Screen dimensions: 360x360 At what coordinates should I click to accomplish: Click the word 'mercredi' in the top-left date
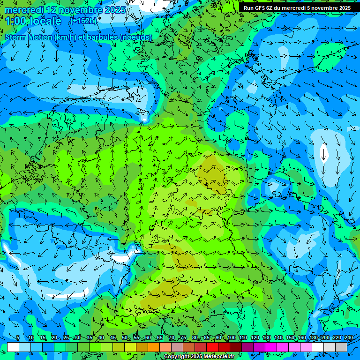coord(24,10)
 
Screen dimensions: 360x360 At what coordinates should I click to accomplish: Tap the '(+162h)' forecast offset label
coord(83,21)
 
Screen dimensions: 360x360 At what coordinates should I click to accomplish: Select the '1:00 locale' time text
coord(33,21)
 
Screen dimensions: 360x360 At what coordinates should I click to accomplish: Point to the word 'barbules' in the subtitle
coord(102,37)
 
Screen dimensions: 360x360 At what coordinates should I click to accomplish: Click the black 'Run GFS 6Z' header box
coord(297,8)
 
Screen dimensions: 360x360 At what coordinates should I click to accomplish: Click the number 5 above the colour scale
coord(17,338)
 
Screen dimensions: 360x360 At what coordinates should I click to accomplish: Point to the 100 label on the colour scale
coord(231,338)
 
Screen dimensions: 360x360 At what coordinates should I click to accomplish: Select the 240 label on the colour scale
coord(348,338)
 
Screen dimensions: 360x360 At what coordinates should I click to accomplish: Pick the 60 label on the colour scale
coord(148,338)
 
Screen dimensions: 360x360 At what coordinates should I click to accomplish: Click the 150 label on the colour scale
coord(290,338)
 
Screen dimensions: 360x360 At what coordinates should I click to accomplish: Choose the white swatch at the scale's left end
coord(13,347)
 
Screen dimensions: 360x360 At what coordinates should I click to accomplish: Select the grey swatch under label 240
coord(341,347)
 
